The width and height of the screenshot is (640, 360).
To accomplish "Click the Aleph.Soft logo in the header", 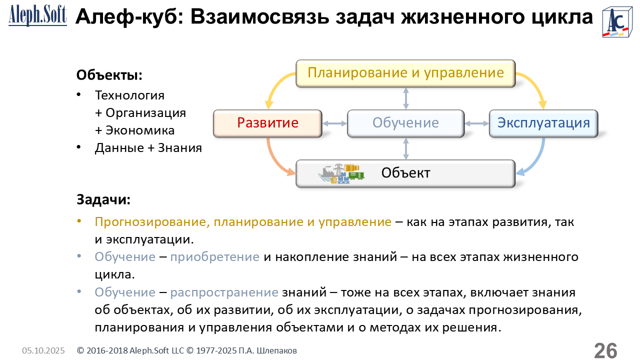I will coord(37,16).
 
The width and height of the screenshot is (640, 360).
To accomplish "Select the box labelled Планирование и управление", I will coord(405,73).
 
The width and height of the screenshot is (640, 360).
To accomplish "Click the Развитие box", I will coord(267,123).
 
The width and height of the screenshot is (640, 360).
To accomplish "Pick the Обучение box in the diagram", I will coord(405,123).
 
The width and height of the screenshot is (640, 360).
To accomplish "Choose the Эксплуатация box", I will coord(543,123).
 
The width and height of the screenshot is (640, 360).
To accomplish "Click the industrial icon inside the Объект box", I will coord(341,173).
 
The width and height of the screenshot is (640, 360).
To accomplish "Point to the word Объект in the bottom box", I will coord(405,173).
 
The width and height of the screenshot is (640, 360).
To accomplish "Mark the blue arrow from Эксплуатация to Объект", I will coord(535,160).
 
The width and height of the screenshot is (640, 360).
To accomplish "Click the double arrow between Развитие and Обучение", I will coord(335,123).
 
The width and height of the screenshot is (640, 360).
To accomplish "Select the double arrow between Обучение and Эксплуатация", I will coord(476,123).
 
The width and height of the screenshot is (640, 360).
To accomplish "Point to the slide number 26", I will coord(605,350).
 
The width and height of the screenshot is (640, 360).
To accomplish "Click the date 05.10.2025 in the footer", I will coord(43,351).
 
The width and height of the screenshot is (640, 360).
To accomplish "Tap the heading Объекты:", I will coord(109,75).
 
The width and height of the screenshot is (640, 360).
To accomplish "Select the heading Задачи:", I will coord(103,199).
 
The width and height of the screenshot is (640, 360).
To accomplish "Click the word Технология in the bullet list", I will coord(129,95).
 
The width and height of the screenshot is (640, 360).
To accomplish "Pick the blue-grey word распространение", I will coord(224,292).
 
